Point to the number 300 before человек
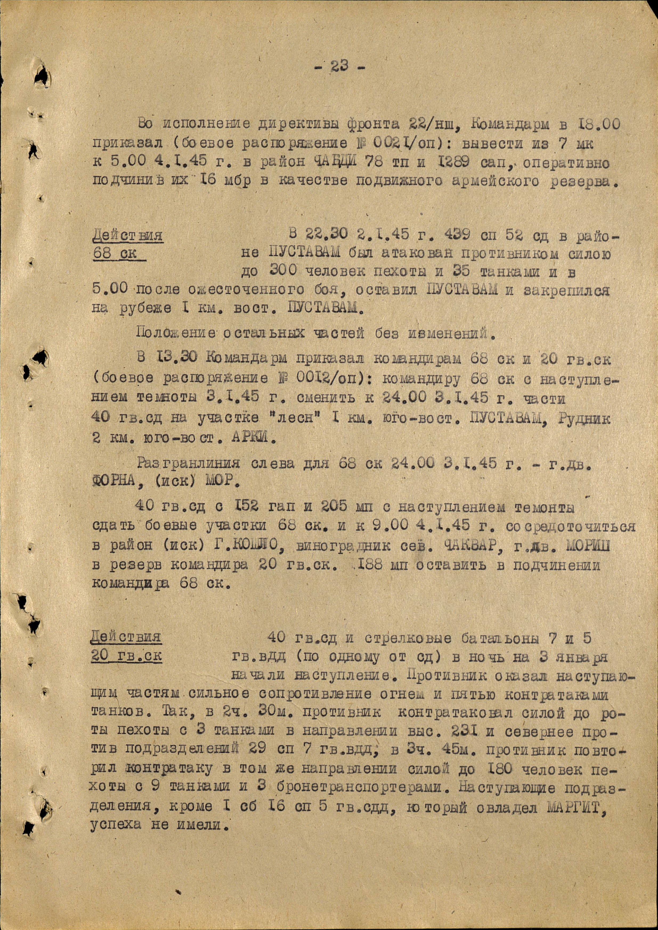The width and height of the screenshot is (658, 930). pyautogui.click(x=284, y=272)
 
